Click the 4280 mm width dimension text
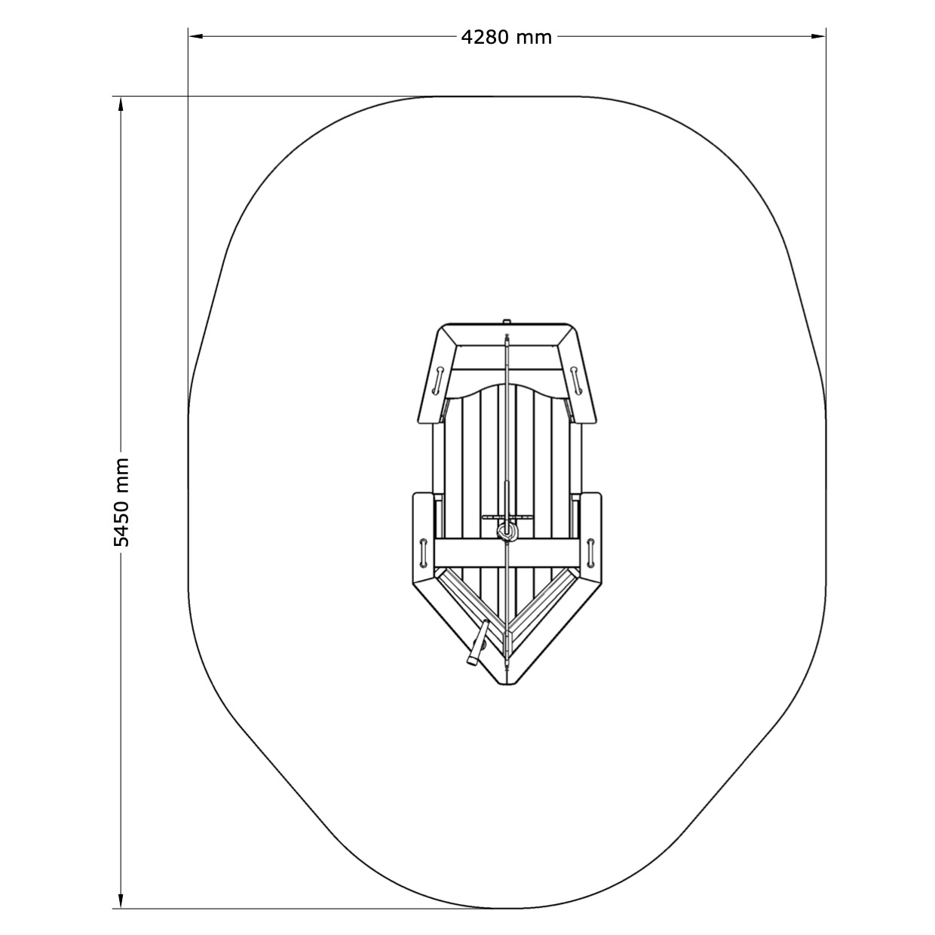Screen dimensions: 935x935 (x=506, y=37)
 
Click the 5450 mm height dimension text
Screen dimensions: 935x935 (x=121, y=502)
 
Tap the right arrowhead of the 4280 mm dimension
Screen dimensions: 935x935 (x=819, y=36)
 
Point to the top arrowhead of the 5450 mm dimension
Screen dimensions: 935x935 (x=121, y=103)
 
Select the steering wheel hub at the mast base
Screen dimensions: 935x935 (x=507, y=532)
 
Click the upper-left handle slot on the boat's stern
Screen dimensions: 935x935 (x=437, y=381)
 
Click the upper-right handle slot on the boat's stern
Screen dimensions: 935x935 (x=576, y=381)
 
